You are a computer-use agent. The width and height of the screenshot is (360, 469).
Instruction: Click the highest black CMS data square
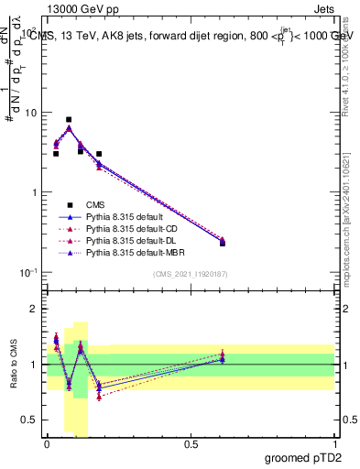point(69,119)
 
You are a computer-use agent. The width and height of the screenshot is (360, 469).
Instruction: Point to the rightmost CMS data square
point(223,243)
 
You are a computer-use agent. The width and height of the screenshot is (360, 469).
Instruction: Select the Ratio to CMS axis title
point(13,363)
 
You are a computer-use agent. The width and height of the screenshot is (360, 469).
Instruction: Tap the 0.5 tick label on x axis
point(191,442)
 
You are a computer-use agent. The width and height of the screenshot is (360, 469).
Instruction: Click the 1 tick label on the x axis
point(335,442)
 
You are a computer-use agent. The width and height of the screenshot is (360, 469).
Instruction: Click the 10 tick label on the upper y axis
point(30,113)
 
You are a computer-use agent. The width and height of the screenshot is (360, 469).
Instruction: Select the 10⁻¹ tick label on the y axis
point(28,272)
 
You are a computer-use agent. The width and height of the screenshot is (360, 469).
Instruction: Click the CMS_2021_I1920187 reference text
point(191,273)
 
